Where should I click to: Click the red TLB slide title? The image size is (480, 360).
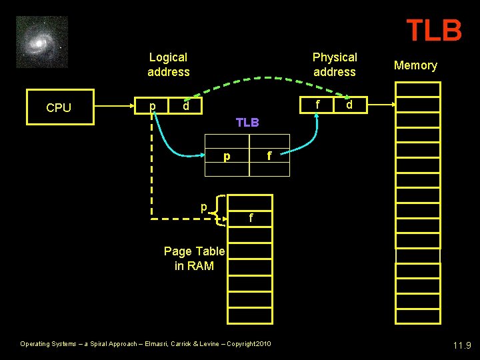[434, 30]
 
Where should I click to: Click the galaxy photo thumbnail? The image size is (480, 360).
[42, 42]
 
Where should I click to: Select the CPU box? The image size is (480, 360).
[59, 108]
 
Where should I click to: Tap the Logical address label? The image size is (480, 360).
[169, 65]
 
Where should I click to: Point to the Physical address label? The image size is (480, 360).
[335, 65]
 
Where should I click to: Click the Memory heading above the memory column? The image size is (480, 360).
[415, 65]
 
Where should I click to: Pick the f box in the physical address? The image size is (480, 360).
[318, 105]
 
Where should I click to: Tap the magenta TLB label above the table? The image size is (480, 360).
[247, 123]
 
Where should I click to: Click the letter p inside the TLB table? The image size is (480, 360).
[227, 157]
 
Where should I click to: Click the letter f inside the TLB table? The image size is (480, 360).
[269, 157]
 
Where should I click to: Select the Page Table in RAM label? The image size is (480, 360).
[194, 259]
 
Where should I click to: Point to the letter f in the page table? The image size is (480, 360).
[250, 218]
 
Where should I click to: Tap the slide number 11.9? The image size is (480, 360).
[461, 345]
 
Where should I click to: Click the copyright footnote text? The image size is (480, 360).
[145, 344]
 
